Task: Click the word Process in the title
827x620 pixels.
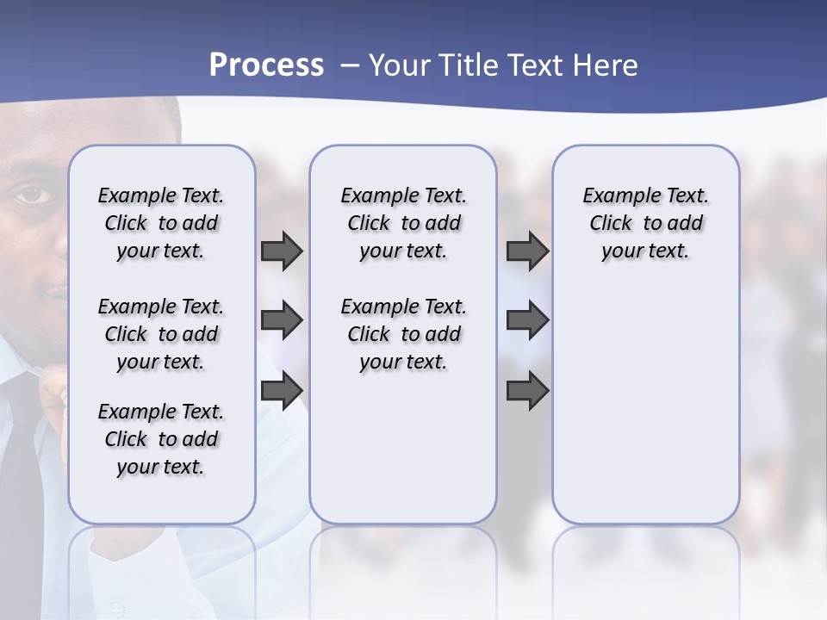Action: click(x=266, y=65)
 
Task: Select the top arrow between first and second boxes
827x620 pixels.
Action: click(x=282, y=251)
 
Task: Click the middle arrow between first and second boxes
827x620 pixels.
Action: click(x=282, y=320)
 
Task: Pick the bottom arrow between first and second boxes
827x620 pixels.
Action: click(x=282, y=391)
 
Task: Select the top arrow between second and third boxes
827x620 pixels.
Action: click(x=527, y=251)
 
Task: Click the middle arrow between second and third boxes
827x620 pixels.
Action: click(x=527, y=320)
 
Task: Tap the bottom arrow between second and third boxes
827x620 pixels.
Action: click(x=527, y=391)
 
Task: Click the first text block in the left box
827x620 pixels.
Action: click(x=161, y=223)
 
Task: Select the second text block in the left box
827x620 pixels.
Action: click(x=161, y=334)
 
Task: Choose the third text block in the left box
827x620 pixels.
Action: click(x=161, y=439)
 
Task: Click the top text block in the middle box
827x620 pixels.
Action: click(x=403, y=223)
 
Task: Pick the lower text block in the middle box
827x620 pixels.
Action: click(x=403, y=334)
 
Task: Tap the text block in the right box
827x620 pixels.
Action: click(x=645, y=223)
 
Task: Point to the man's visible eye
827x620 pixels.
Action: click(x=33, y=195)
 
